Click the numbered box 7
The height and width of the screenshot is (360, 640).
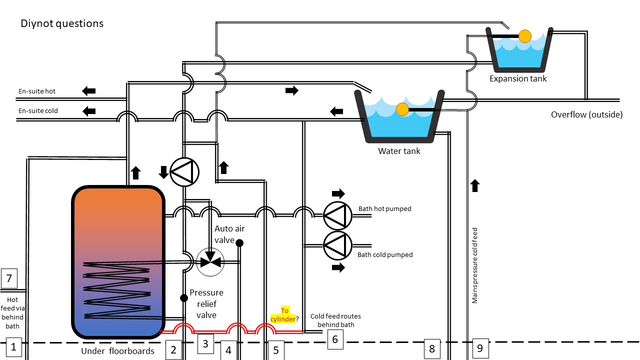click(x=9, y=278)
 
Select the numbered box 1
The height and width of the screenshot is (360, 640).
click(x=13, y=347)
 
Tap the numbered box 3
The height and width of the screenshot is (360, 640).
click(x=205, y=343)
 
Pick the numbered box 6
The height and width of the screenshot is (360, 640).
click(x=335, y=339)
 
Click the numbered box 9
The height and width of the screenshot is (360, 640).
click(x=480, y=348)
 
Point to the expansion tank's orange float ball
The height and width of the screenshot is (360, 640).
click(x=524, y=36)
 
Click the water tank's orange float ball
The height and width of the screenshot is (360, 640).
click(x=402, y=109)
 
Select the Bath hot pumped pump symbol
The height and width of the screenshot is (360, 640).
click(x=337, y=215)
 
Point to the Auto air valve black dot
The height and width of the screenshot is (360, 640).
click(x=239, y=243)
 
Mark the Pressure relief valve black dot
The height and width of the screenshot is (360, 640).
click(x=183, y=298)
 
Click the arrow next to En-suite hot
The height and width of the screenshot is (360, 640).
click(x=89, y=91)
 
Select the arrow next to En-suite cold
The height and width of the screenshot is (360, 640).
click(x=89, y=110)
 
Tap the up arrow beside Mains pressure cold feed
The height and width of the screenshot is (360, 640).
click(x=475, y=186)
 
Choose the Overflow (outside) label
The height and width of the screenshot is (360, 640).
click(x=586, y=114)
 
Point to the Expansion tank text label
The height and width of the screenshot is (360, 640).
click(x=518, y=78)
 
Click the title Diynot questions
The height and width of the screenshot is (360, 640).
click(x=62, y=23)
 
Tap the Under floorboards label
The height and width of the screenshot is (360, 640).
click(x=117, y=351)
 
